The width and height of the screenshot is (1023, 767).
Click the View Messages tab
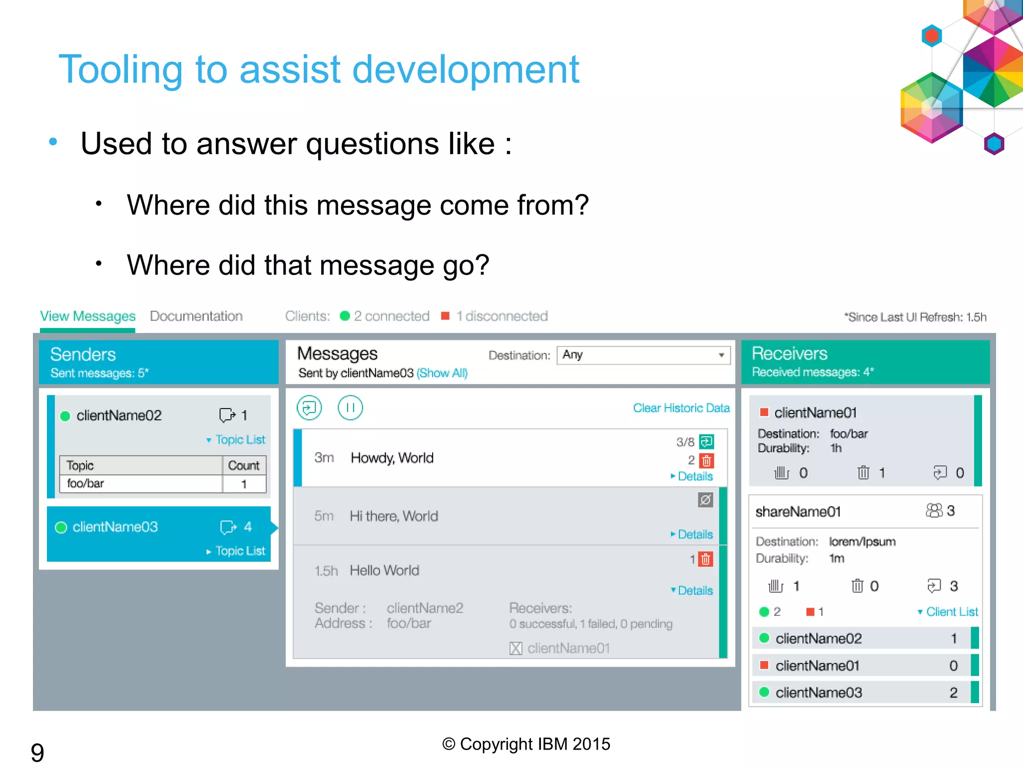(87, 316)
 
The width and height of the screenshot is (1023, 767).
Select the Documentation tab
(196, 316)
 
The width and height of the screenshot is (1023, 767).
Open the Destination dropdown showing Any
(643, 355)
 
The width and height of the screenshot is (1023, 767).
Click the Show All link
(442, 373)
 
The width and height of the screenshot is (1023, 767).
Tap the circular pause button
(350, 408)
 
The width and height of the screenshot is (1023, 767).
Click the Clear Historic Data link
(681, 408)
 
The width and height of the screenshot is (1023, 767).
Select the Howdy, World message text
(392, 458)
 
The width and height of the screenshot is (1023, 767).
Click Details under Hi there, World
(694, 534)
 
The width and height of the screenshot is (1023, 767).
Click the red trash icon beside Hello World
(705, 559)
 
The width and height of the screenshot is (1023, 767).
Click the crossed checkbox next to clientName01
(515, 649)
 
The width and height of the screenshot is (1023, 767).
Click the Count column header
(243, 465)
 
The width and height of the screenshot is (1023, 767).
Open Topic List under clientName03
(239, 551)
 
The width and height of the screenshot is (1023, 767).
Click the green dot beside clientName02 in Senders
(65, 416)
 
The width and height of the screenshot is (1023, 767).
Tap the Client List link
(951, 612)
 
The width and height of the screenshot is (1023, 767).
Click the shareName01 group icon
(934, 510)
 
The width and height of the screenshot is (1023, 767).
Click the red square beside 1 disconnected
(445, 316)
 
